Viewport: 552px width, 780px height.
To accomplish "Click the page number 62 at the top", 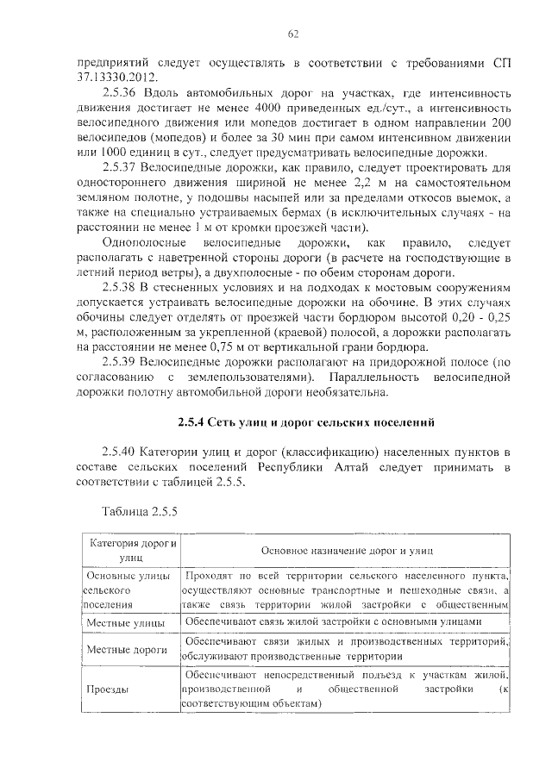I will tap(292, 34).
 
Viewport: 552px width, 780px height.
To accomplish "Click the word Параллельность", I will tap(373, 378).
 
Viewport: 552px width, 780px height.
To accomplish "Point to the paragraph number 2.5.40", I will tap(120, 453).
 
